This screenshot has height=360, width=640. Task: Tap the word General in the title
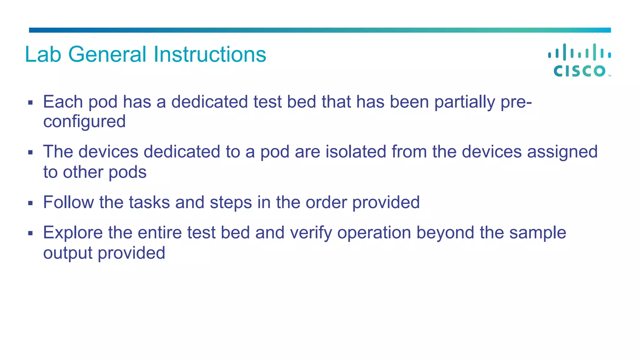coord(107,55)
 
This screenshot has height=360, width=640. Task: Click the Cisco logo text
coord(580,71)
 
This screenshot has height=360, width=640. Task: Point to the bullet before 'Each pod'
coord(30,102)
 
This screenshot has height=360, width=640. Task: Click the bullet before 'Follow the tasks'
coord(30,203)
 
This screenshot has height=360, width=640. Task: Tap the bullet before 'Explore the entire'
coord(30,233)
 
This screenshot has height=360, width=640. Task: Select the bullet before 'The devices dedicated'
coord(30,152)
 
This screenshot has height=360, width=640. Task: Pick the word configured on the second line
coord(84,122)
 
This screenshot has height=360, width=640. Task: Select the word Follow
coord(68,202)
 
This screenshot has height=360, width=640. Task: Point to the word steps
coord(231,203)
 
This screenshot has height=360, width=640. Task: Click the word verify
coord(311,233)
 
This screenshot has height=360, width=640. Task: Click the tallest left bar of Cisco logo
coord(564,52)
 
